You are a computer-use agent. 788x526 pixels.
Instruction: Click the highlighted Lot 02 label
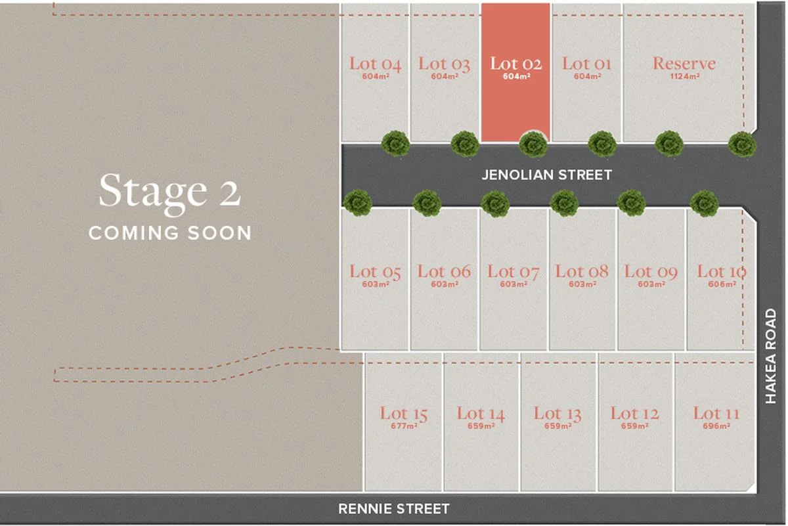[515, 64]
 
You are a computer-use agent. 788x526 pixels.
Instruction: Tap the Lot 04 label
[375, 64]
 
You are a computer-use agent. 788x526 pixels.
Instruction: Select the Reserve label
[684, 64]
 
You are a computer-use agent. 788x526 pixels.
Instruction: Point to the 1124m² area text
[685, 76]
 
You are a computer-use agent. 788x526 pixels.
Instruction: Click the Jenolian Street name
[546, 175]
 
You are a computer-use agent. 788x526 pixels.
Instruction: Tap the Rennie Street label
[394, 508]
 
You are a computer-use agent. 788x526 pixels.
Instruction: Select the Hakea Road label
[771, 357]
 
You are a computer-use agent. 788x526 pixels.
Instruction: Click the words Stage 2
[170, 191]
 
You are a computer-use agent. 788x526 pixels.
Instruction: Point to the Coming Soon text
[170, 232]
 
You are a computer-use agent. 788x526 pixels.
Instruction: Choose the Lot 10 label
[722, 271]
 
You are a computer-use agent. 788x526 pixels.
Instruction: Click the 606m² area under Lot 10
[722, 284]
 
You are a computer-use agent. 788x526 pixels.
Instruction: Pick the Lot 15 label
[404, 414]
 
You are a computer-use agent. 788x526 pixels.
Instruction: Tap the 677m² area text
[404, 426]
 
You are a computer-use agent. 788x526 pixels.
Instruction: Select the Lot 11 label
[716, 414]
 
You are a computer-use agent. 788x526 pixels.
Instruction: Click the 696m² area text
[716, 426]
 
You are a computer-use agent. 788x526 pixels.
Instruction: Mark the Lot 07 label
[514, 271]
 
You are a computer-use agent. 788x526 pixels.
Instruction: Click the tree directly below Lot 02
[533, 144]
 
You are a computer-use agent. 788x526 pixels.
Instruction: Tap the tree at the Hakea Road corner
[742, 144]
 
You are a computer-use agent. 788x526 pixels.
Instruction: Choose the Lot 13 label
[558, 414]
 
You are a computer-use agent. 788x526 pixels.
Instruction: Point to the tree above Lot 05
[358, 203]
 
